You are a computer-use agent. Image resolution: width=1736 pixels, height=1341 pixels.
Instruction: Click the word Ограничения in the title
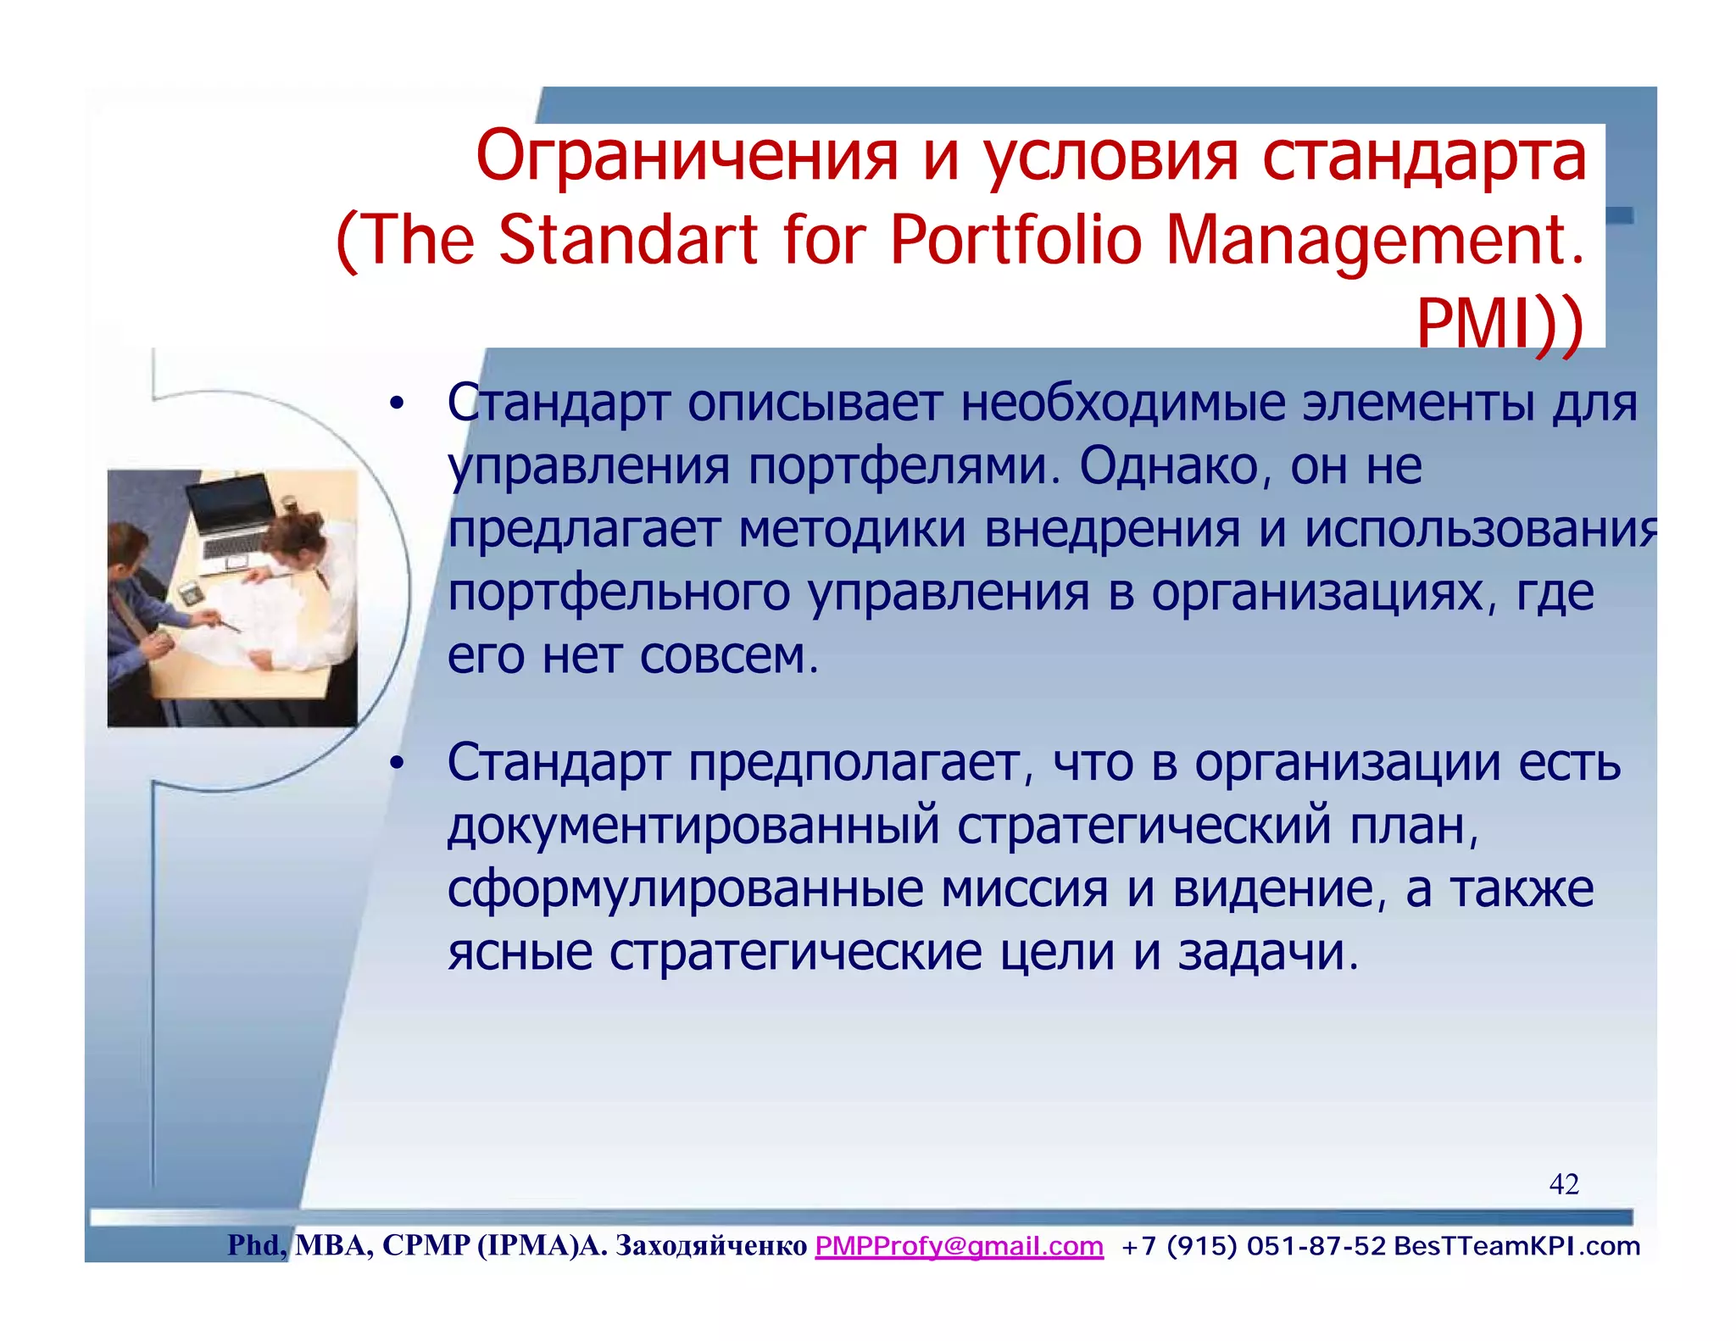click(687, 158)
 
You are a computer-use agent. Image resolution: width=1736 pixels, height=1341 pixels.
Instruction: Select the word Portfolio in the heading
click(1016, 240)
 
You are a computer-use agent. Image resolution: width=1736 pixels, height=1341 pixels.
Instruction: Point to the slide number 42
click(1563, 1184)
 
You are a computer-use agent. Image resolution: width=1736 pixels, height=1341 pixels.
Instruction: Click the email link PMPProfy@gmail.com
click(959, 1246)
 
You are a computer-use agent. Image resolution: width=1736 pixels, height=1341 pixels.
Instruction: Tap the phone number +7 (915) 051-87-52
click(1253, 1246)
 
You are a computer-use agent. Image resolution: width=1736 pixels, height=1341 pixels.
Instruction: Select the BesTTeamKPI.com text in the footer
click(1516, 1246)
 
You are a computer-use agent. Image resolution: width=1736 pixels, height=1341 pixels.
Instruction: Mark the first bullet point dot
click(396, 404)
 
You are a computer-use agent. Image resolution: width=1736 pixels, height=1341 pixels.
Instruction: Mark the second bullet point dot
click(396, 764)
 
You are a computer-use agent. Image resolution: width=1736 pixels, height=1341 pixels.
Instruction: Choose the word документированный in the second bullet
click(693, 826)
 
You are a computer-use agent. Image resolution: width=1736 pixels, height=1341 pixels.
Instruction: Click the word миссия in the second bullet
click(1024, 889)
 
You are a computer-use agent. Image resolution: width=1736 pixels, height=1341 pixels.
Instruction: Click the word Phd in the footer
click(256, 1246)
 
